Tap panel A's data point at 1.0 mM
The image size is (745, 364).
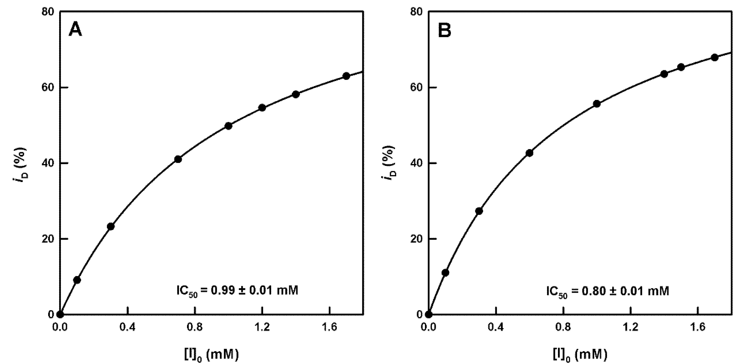point(228,126)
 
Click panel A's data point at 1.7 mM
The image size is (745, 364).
point(346,76)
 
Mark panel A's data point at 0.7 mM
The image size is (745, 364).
point(178,159)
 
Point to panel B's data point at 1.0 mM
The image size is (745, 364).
point(597,104)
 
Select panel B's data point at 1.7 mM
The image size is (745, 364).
point(715,58)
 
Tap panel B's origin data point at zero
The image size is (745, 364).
point(429,315)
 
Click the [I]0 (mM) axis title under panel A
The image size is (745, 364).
point(212,354)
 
